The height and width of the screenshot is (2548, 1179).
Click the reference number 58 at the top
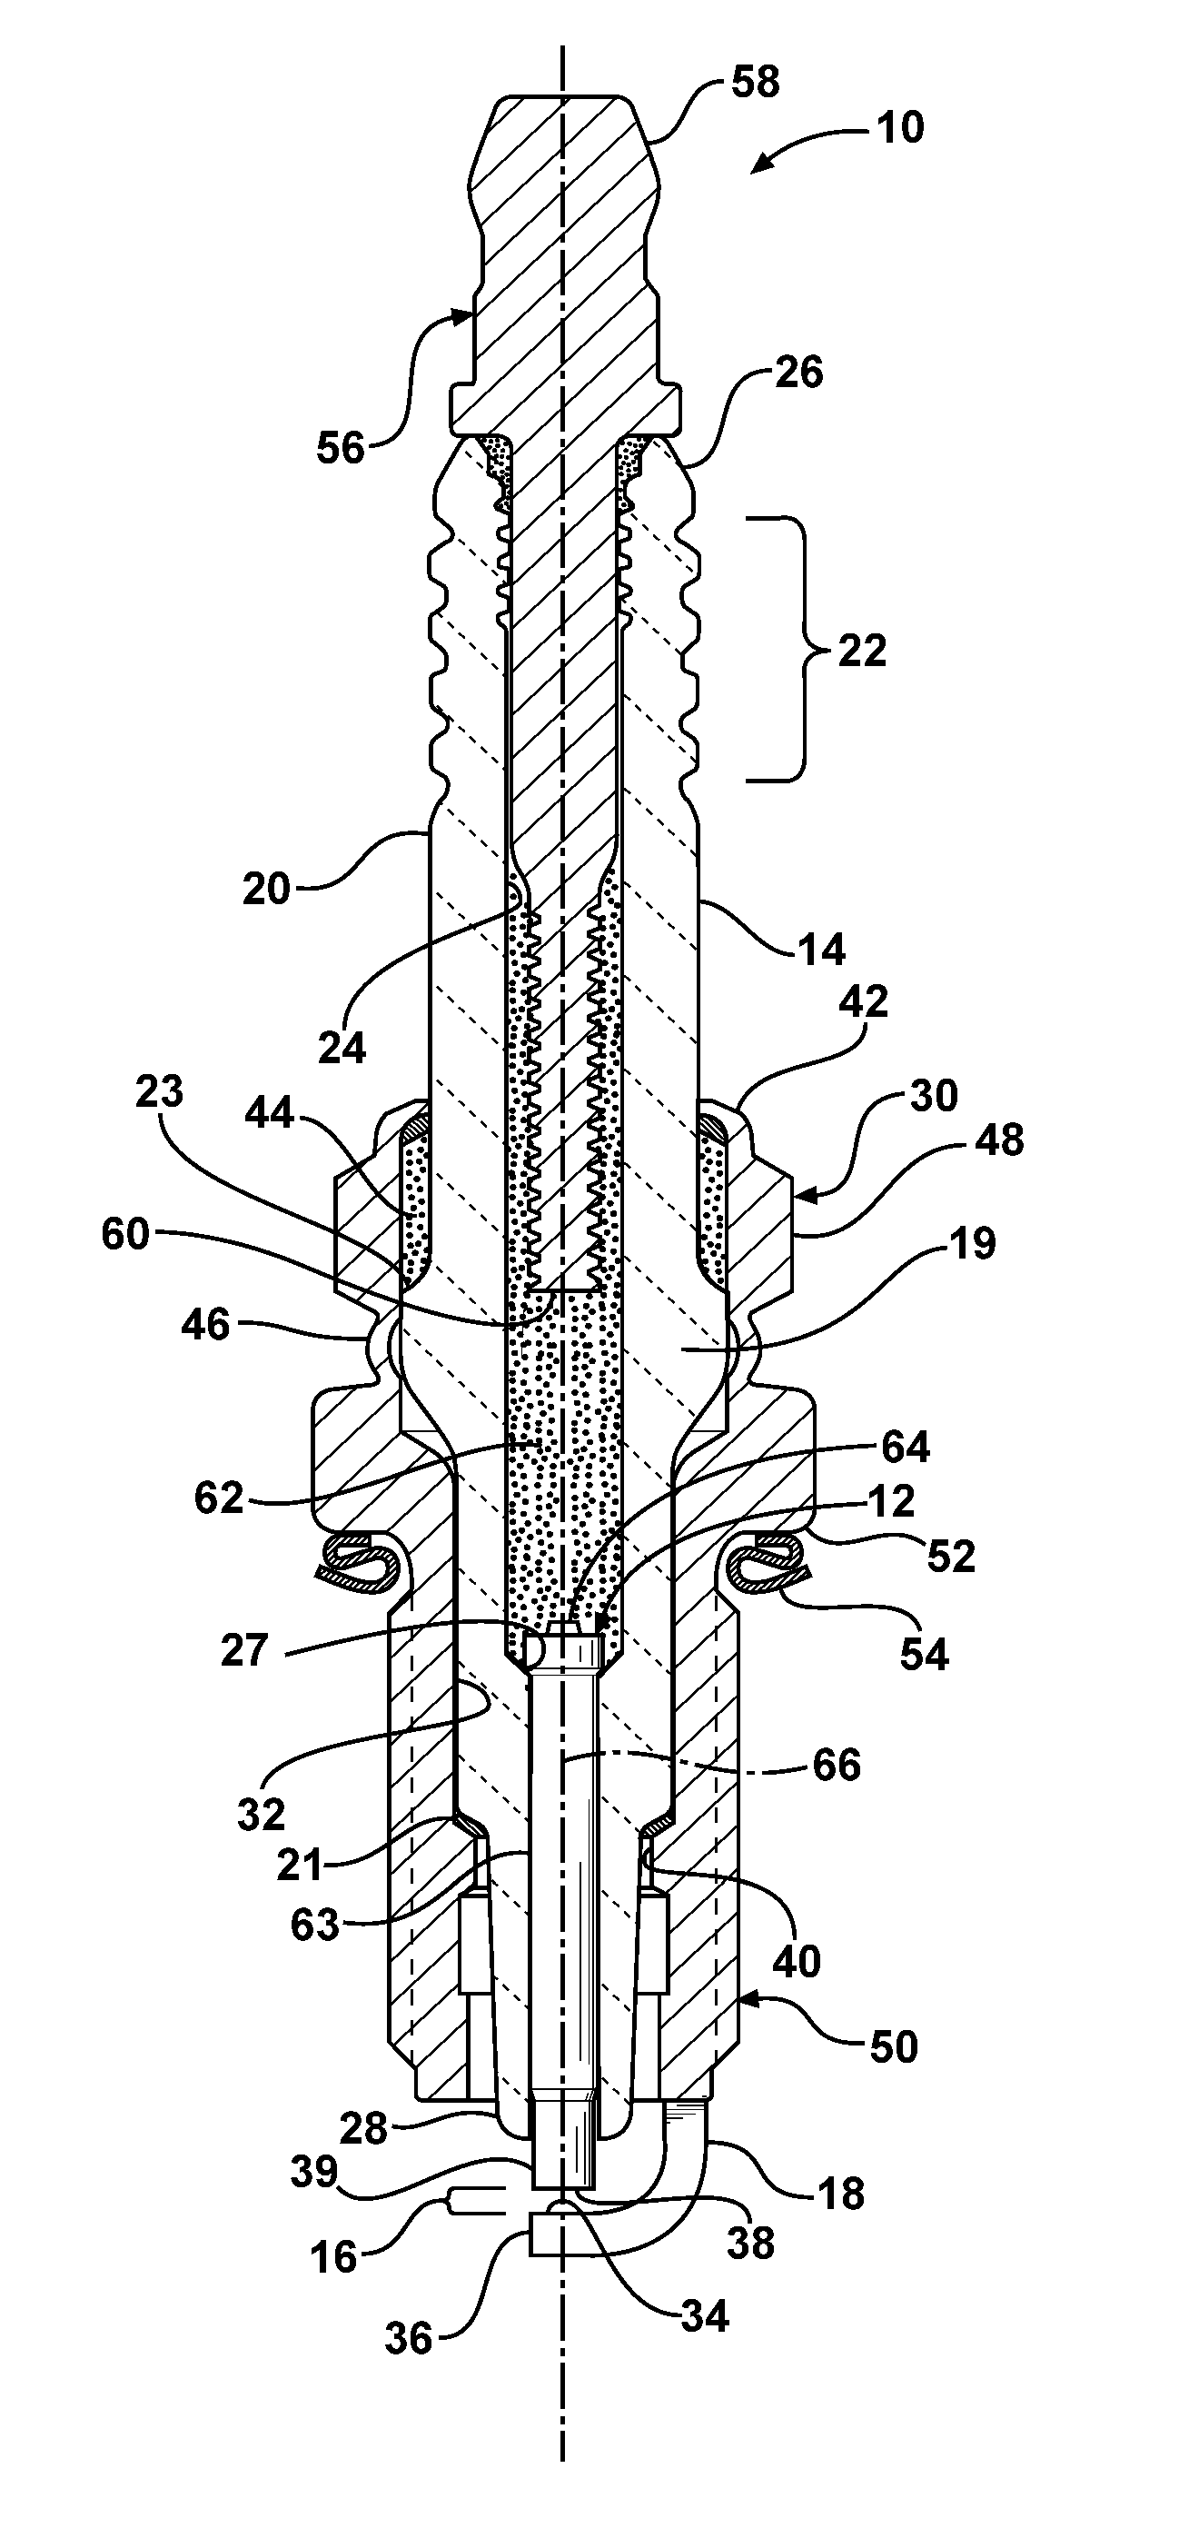[x=755, y=82]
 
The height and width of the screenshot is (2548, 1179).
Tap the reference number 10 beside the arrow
[x=899, y=127]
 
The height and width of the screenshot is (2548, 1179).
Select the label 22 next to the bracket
[x=861, y=651]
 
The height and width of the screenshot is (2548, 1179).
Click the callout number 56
[x=342, y=448]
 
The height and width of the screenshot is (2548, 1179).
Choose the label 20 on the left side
[x=266, y=890]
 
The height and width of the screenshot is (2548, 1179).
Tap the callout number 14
[x=822, y=950]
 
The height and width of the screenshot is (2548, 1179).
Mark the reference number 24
[x=342, y=1048]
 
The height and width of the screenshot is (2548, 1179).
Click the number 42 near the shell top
[x=865, y=1002]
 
